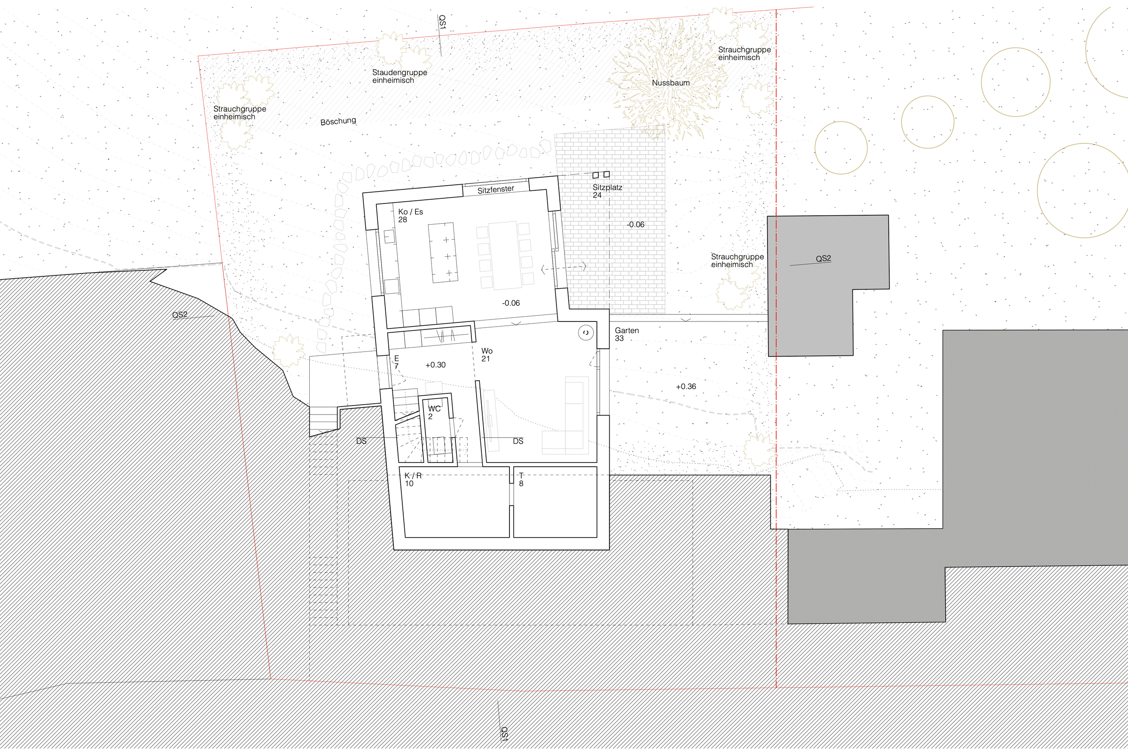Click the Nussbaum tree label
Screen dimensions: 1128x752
671,83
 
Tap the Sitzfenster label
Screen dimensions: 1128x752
495,189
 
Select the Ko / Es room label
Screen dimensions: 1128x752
410,215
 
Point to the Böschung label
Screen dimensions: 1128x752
338,121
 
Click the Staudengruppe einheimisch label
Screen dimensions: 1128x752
399,76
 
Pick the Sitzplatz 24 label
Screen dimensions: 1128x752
607,191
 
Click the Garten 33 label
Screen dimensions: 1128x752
627,334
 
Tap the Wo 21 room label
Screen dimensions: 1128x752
487,355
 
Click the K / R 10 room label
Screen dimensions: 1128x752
413,479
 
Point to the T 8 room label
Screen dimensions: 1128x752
521,479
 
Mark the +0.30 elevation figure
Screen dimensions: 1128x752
436,365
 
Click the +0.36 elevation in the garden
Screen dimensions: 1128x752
686,386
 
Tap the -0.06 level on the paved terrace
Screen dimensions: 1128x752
635,225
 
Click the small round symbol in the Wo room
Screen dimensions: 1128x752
586,333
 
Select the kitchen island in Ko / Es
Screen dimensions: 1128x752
443,252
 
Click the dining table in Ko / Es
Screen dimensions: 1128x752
504,255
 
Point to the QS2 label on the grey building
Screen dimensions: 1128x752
823,258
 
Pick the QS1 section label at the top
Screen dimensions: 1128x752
442,23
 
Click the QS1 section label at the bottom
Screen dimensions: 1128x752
504,734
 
